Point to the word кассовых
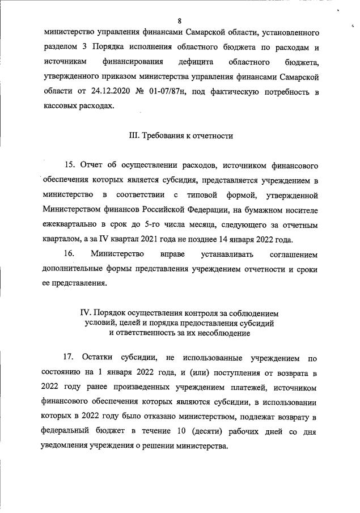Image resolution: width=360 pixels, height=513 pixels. (61, 107)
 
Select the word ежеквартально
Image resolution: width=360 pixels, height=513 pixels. (70, 225)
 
